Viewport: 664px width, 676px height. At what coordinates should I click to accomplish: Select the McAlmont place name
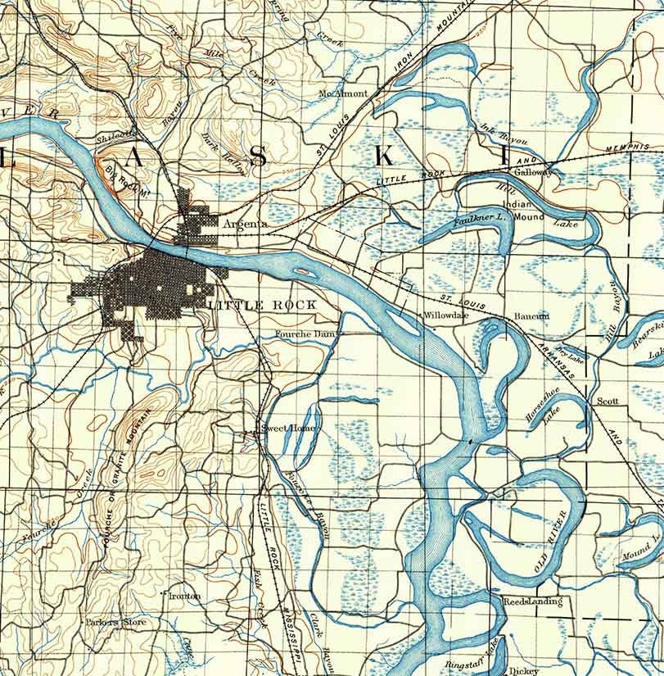pos(343,93)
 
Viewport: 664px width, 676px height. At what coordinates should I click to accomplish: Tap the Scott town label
pos(607,402)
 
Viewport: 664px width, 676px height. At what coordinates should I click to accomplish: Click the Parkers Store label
pos(116,622)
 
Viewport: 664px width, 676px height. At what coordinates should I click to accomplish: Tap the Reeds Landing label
pos(532,602)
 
